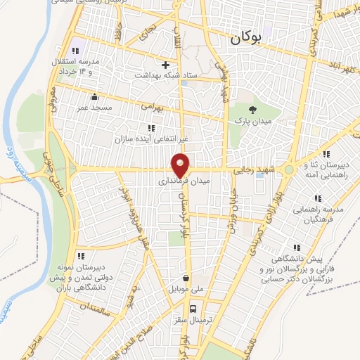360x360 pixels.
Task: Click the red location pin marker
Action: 181,165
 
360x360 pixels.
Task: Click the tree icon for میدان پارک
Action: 254,108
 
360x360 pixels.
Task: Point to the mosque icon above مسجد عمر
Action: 94,96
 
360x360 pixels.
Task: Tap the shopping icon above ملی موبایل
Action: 185,278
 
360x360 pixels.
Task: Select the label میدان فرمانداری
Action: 181,181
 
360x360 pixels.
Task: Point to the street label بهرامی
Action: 152,107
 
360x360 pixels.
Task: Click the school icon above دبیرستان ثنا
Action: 324,153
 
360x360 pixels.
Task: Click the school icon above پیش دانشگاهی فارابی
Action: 298,247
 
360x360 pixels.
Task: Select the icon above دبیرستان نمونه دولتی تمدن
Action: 82,257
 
